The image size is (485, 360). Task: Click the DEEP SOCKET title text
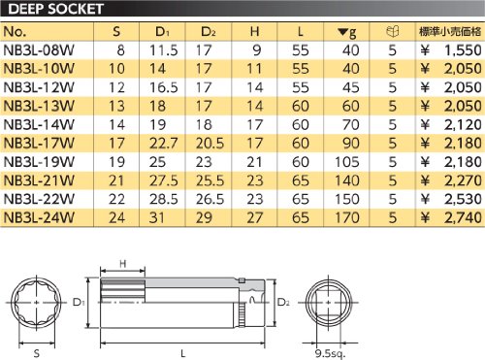tap(55, 9)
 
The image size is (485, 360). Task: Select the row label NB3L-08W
tap(39, 50)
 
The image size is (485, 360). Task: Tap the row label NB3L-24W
tap(39, 217)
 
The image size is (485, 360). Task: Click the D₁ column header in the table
tap(162, 32)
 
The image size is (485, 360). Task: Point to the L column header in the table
tap(301, 32)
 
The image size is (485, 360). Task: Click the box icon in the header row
tap(393, 31)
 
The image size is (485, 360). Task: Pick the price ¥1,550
tap(451, 50)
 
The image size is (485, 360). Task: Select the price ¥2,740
tap(451, 217)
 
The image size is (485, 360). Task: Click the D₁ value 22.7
tap(163, 144)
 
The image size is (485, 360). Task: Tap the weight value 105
tap(347, 162)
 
